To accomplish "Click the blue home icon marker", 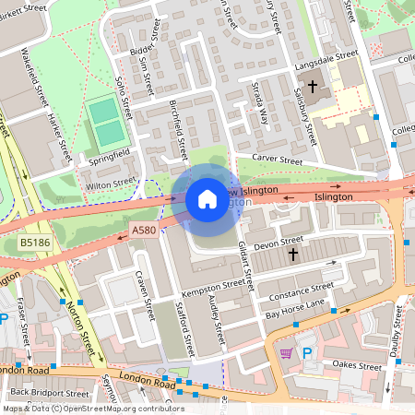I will tap(207, 199).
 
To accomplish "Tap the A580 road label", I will tap(144, 230).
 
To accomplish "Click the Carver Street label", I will tap(278, 160).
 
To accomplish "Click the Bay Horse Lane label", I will tap(295, 309).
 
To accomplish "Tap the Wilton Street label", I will tap(111, 184).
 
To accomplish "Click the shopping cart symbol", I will tap(286, 352).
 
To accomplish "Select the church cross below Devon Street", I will tap(293, 254).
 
